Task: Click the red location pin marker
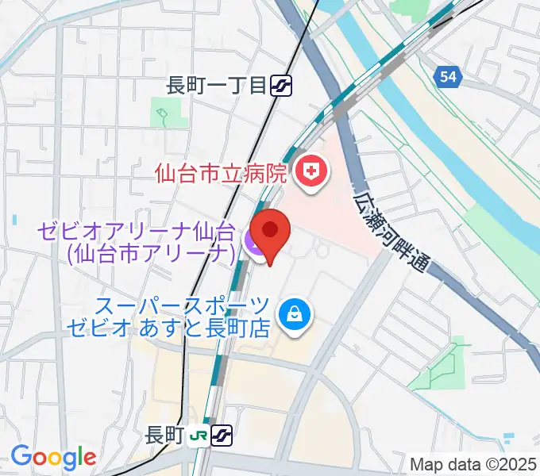pyautogui.click(x=271, y=231)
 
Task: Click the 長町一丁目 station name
pyautogui.click(x=215, y=85)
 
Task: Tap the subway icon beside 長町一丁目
pyautogui.click(x=280, y=85)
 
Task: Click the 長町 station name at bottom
pyautogui.click(x=165, y=435)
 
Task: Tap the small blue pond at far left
pyautogui.click(x=13, y=218)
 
